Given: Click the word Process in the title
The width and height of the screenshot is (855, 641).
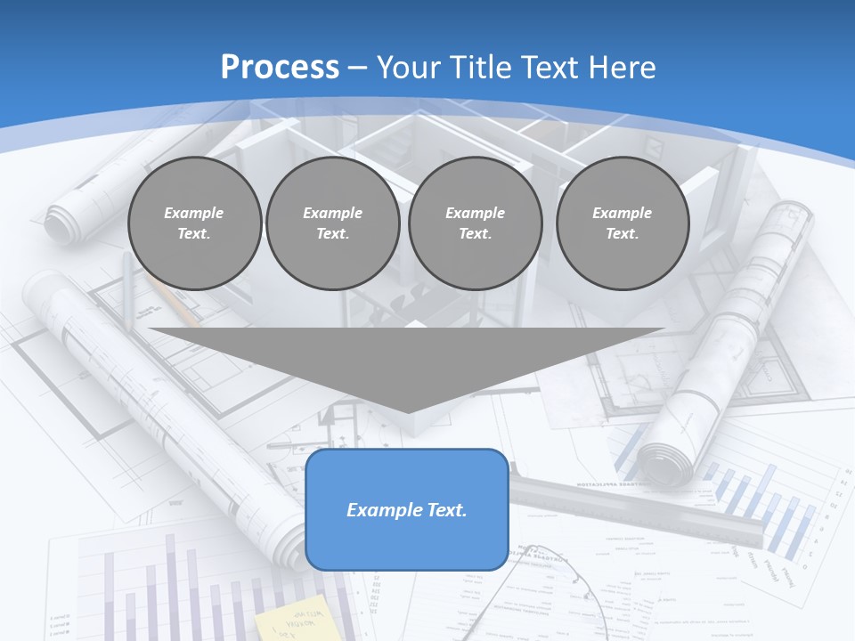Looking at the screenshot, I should point(280,68).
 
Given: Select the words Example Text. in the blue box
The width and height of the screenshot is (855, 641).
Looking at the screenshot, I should point(406,510).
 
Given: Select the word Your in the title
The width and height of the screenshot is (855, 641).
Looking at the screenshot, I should point(405,68).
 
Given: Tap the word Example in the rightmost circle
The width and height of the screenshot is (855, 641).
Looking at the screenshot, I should point(622,213).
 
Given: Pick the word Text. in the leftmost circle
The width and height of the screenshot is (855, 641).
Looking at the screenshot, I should point(194,233).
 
